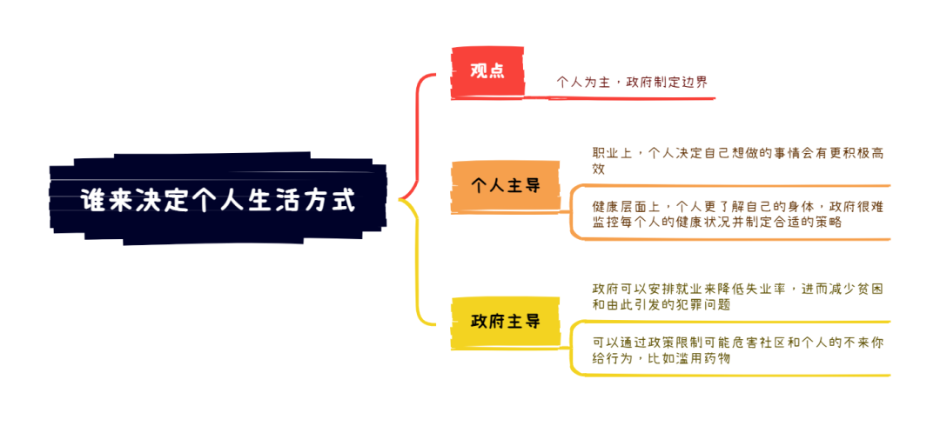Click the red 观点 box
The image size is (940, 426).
[x=487, y=71]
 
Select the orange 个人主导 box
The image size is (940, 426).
[x=506, y=186]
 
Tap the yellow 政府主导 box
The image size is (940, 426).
[x=506, y=323]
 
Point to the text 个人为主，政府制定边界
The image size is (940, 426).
[x=632, y=82]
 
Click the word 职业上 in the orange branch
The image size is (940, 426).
[x=614, y=153]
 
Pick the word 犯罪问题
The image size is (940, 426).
[x=702, y=304]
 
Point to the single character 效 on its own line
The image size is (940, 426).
[x=599, y=169]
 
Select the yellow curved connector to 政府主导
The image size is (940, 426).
[x=417, y=263]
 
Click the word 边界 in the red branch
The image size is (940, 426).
[x=695, y=82]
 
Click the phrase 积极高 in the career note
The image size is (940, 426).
[x=862, y=153]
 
